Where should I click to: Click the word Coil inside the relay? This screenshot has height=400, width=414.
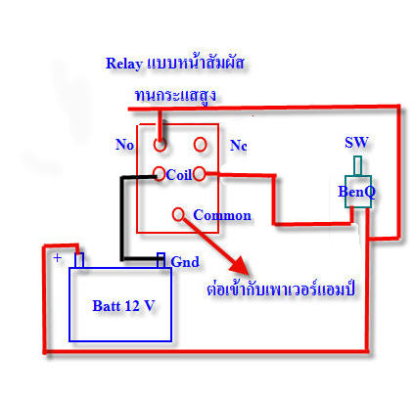pos(179,175)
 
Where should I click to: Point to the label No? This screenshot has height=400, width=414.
pos(124,145)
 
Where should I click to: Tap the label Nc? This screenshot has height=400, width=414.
pos(239,146)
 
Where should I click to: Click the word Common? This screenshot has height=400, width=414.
pos(222,215)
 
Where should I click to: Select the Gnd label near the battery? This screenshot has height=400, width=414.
pos(185,262)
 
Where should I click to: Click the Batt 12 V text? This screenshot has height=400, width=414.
pos(123,306)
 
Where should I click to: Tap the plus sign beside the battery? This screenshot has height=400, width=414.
pos(58,258)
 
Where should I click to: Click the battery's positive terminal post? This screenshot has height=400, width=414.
pos(79,260)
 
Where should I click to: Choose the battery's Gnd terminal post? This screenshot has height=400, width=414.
pos(161,260)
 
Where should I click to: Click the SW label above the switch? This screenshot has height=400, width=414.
pos(356,143)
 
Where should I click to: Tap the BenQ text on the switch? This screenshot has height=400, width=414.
pos(356,192)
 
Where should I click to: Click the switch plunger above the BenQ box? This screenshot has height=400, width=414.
pos(358,166)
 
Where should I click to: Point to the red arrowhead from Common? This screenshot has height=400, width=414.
pos(241,265)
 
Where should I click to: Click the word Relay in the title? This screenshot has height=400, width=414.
pos(124,64)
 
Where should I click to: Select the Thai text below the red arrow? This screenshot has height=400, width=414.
pos(281,289)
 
